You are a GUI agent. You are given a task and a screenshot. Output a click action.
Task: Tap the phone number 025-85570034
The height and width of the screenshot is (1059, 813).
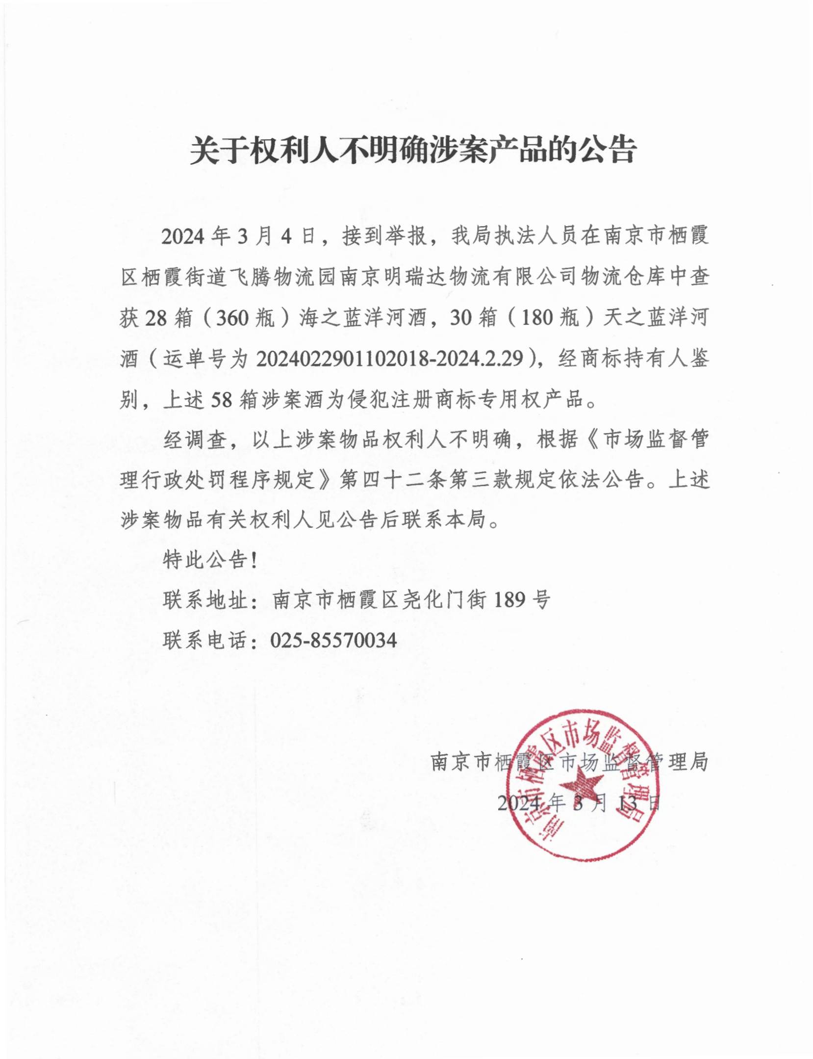333,640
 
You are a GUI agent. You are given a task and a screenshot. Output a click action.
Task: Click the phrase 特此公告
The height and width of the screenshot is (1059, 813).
205,559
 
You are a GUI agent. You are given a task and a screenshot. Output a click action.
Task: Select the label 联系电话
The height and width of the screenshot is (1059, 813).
205,640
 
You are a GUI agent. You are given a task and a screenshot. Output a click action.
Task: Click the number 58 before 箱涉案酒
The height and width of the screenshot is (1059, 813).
221,400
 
